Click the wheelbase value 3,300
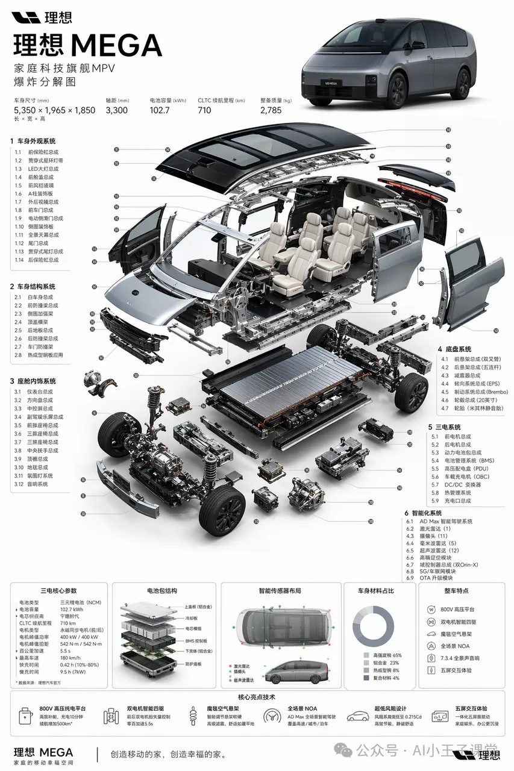[116, 110]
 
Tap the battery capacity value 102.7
[161, 110]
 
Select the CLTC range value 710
[204, 110]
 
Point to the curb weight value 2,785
[271, 110]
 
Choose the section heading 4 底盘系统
[454, 349]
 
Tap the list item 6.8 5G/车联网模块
[438, 570]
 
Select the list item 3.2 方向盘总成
[39, 400]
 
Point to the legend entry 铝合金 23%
[385, 663]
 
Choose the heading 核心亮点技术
[256, 697]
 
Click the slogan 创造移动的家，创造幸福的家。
[168, 754]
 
